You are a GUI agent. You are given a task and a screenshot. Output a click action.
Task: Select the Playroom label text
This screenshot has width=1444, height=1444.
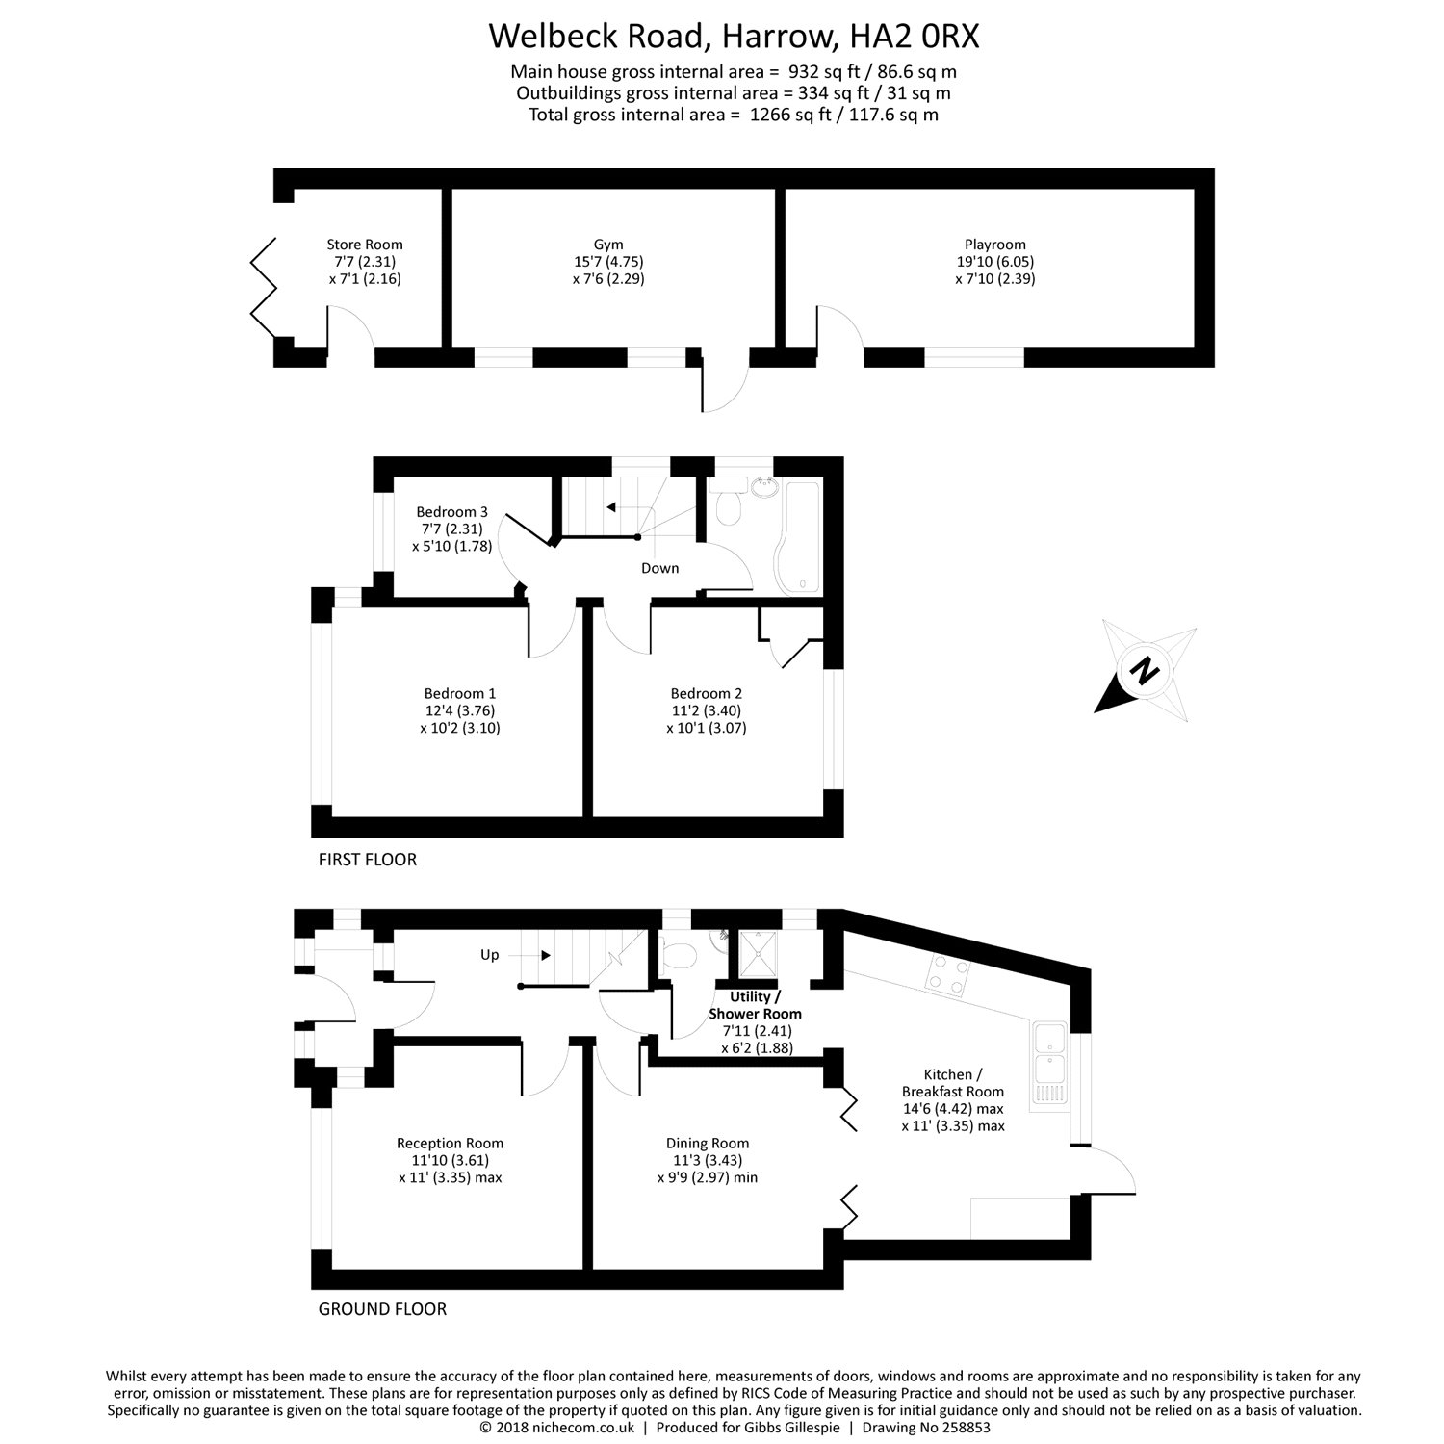pos(994,245)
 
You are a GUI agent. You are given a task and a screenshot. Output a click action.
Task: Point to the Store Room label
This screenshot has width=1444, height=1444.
pos(364,245)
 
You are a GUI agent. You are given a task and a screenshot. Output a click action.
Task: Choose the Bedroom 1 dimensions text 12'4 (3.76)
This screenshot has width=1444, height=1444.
pos(460,710)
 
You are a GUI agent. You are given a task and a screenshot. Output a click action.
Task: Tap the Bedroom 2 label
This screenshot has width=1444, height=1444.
pos(706,693)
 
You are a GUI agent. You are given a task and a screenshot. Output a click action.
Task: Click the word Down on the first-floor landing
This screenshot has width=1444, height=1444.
pos(659,568)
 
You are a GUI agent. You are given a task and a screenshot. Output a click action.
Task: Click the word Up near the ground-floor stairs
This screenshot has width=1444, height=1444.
pos(490,955)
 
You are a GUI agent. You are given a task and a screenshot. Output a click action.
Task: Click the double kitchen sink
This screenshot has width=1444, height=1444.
pos(1049,1063)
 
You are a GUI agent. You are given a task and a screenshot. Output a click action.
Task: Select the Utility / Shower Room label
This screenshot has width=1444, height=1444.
pos(755,1005)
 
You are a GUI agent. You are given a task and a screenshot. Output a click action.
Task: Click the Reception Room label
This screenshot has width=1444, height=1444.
pos(450,1143)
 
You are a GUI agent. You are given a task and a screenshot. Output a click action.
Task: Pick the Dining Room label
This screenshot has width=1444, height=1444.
pos(707,1143)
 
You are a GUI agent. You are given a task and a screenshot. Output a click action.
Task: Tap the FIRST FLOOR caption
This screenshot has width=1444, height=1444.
pos(368,860)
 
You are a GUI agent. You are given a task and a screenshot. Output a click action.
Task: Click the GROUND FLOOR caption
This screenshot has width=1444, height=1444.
pos(382,1308)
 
